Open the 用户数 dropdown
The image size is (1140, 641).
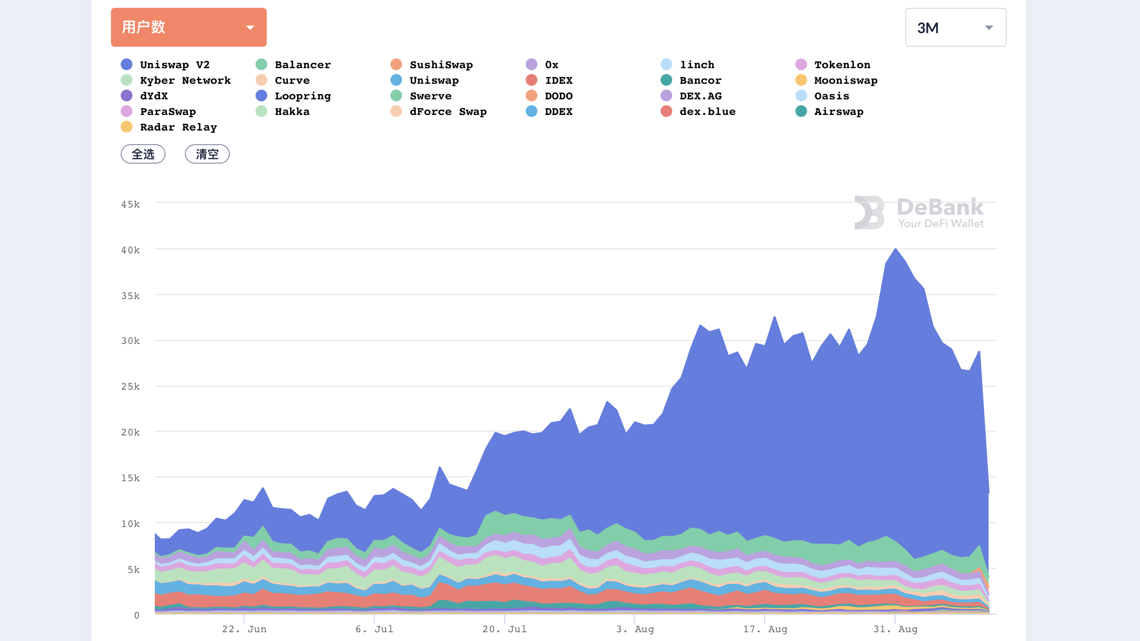pyautogui.click(x=189, y=27)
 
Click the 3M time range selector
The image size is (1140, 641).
pyautogui.click(x=956, y=27)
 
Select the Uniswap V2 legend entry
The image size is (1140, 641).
pyautogui.click(x=165, y=65)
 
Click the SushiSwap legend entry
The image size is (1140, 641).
pyautogui.click(x=432, y=65)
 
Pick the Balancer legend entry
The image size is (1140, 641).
pyautogui.click(x=293, y=65)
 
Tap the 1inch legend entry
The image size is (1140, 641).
pyautogui.click(x=687, y=65)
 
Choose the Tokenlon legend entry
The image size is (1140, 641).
pyautogui.click(x=833, y=65)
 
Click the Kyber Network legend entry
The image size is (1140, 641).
pyautogui.click(x=176, y=80)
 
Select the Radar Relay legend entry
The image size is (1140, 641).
pyautogui.click(x=169, y=127)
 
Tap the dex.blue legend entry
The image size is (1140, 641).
pyautogui.click(x=698, y=112)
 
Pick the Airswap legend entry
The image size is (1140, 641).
pyautogui.click(x=829, y=112)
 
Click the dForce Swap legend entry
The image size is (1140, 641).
pyautogui.click(x=439, y=112)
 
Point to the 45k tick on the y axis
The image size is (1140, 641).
pyautogui.click(x=130, y=204)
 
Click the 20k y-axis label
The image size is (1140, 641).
pyautogui.click(x=130, y=432)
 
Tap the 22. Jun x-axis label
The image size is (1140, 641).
pyautogui.click(x=244, y=629)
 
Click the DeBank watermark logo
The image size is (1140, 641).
pyautogui.click(x=919, y=212)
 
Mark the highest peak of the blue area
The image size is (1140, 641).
pyautogui.click(x=896, y=249)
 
